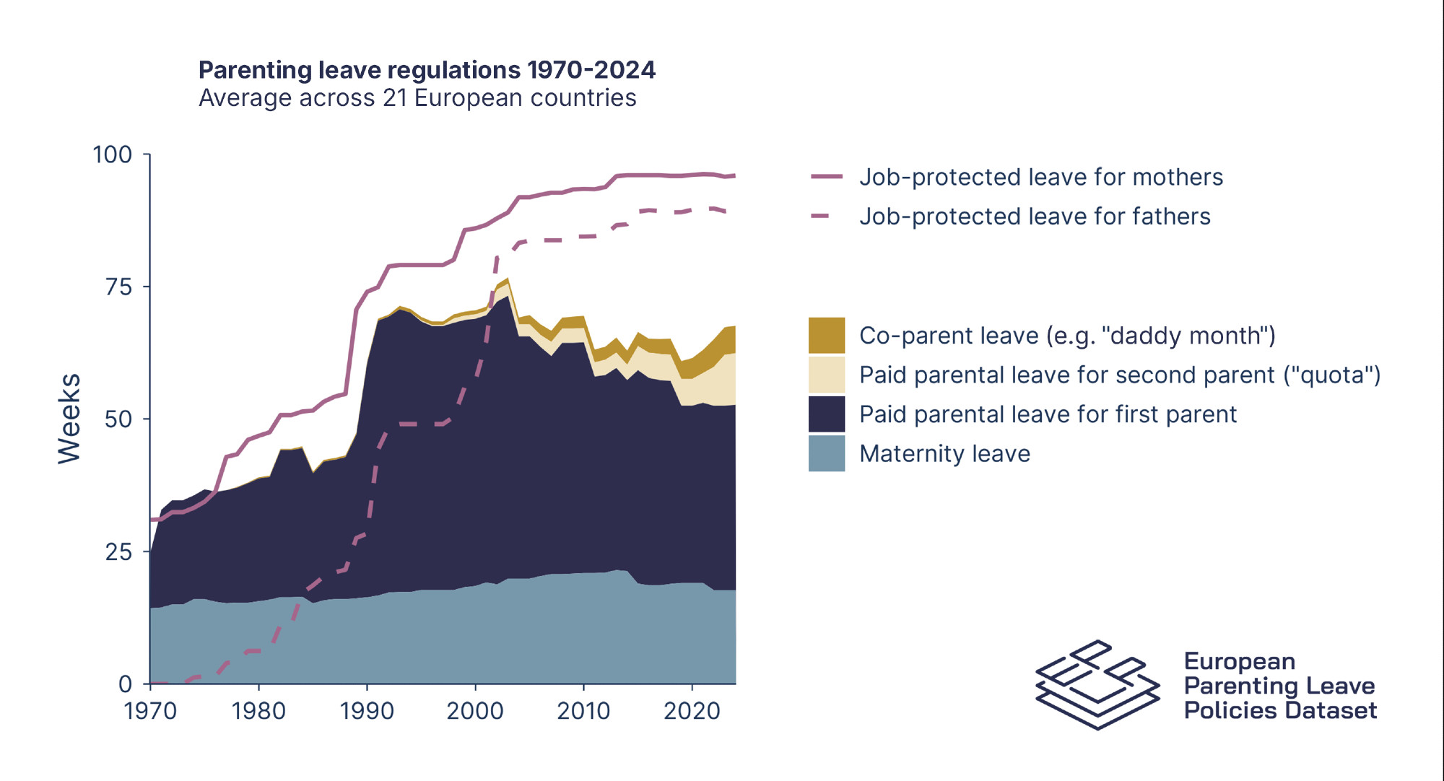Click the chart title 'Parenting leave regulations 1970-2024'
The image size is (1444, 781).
(427, 70)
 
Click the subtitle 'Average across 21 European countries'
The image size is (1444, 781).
(417, 98)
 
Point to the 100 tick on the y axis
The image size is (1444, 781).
(113, 154)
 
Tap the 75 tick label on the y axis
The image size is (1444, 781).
(118, 287)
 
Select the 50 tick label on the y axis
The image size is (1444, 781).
(118, 419)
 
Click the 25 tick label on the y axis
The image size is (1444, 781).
(118, 552)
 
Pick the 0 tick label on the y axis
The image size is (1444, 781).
(126, 684)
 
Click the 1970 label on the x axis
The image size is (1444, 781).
(150, 711)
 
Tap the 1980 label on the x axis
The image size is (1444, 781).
(258, 711)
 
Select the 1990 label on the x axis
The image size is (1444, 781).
(367, 711)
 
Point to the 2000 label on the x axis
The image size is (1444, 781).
(475, 711)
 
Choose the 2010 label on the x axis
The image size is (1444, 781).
(583, 711)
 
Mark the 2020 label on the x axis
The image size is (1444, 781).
(692, 711)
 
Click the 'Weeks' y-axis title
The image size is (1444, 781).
(69, 419)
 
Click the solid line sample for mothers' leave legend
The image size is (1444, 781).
(827, 177)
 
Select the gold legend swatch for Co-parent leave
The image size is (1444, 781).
(827, 336)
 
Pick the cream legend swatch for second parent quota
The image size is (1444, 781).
(827, 375)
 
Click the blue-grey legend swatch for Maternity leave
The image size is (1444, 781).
(827, 453)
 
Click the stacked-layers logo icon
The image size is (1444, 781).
(1097, 684)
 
